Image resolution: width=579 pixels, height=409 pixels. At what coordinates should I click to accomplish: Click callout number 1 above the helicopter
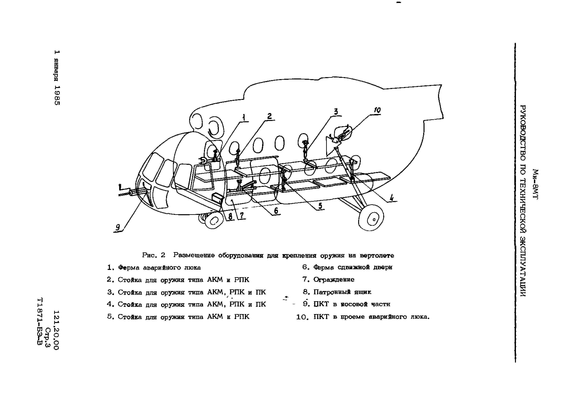(x=244, y=118)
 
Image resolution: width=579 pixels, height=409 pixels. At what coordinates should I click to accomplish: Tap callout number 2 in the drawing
(x=270, y=116)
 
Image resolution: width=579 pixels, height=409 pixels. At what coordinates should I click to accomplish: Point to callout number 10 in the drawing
(x=377, y=110)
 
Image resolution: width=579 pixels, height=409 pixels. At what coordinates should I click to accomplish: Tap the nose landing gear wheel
(x=214, y=221)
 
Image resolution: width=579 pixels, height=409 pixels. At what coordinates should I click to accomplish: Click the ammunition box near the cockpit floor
(x=218, y=198)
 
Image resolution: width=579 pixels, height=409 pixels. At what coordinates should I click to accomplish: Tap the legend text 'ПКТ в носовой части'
(x=352, y=304)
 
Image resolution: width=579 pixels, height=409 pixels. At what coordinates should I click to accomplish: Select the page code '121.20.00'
(x=56, y=330)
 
